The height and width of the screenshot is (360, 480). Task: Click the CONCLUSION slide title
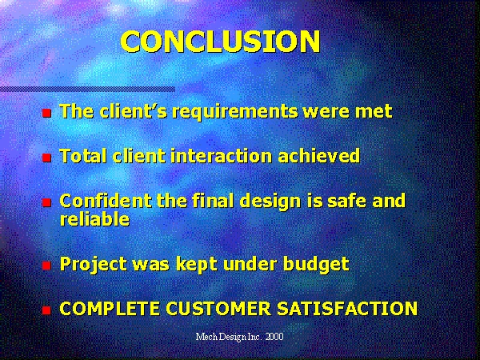[x=221, y=42]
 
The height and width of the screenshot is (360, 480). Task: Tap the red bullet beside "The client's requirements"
[x=46, y=114]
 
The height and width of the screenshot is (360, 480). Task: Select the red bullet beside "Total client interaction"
[x=46, y=158]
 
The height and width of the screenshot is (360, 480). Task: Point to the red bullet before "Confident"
[x=46, y=202]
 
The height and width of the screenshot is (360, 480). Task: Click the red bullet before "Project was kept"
[x=46, y=266]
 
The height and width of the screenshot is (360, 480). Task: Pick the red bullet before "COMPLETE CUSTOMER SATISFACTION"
[x=46, y=310]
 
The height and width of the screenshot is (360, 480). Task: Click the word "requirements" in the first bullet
[x=234, y=112]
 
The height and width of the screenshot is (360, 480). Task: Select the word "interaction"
[x=222, y=155]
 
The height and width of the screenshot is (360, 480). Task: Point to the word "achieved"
[x=319, y=155]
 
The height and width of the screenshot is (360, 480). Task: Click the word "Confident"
[x=106, y=201]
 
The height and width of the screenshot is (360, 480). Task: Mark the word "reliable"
[x=94, y=219]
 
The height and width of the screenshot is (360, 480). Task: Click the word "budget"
[x=316, y=265]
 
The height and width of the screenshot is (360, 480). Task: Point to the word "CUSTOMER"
[x=218, y=308]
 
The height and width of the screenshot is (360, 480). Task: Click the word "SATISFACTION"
[x=347, y=308]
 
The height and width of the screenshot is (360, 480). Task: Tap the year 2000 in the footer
[x=274, y=337]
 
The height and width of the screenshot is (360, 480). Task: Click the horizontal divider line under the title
[x=87, y=90]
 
